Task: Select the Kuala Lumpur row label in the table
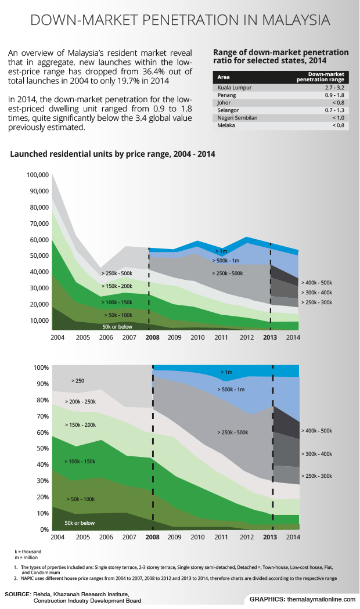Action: [232, 87]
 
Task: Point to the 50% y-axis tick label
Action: [42, 449]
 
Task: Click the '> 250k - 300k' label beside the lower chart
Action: [316, 476]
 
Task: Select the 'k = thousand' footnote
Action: [28, 550]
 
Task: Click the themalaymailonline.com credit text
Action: [319, 599]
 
